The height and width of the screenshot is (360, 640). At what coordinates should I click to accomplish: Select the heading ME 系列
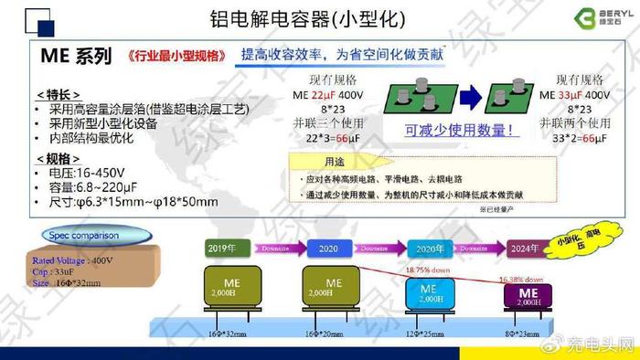[x=75, y=56]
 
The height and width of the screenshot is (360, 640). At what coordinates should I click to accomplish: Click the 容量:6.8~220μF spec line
[x=101, y=185]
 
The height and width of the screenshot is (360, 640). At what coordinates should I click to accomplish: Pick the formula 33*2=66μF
[x=572, y=139]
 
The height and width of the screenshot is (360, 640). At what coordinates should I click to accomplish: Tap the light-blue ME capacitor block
[x=430, y=294]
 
